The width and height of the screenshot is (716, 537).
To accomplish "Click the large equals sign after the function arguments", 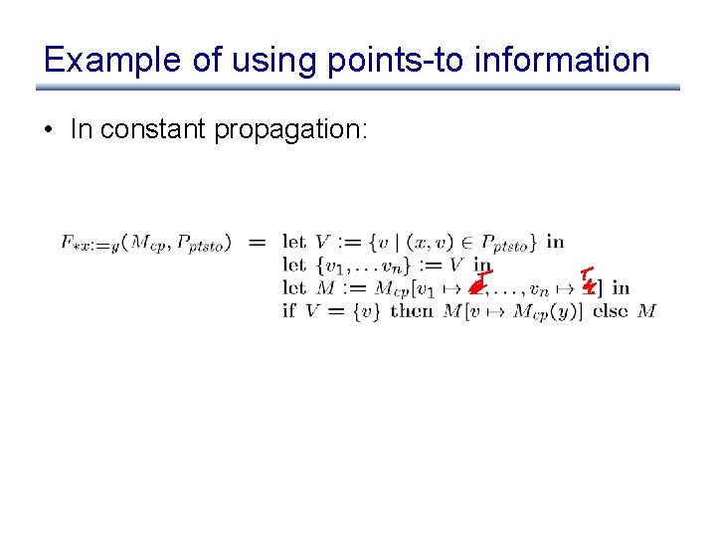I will (x=257, y=242).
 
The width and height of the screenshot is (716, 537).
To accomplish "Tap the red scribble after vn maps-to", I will (x=588, y=281).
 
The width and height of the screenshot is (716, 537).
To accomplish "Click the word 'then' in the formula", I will (x=412, y=311).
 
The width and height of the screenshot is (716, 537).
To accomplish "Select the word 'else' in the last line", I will (x=611, y=311).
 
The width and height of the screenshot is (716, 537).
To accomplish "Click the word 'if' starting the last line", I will (x=289, y=311).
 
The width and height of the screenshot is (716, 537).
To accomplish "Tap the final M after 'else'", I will (x=646, y=311).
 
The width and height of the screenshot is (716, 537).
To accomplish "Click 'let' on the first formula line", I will (x=293, y=242).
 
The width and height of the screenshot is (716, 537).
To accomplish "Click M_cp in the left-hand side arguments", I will (x=144, y=243).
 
